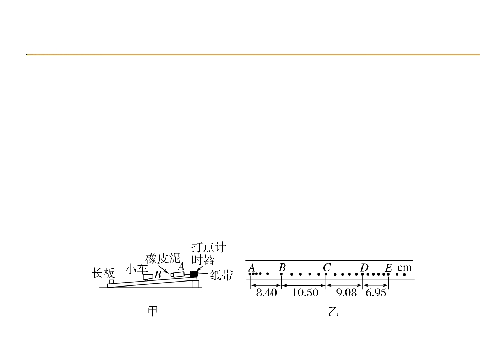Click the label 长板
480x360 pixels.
(x=103, y=273)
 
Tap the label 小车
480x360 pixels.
(x=136, y=270)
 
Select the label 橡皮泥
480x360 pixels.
(x=163, y=258)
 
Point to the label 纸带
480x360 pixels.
(x=221, y=276)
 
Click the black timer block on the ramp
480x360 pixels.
(x=194, y=274)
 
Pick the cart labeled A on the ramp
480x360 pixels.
(x=178, y=274)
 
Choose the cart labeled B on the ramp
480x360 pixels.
(x=148, y=277)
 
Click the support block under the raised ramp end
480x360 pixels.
(x=195, y=284)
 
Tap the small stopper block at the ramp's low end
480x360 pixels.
(x=111, y=282)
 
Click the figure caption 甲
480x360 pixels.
(x=153, y=311)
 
